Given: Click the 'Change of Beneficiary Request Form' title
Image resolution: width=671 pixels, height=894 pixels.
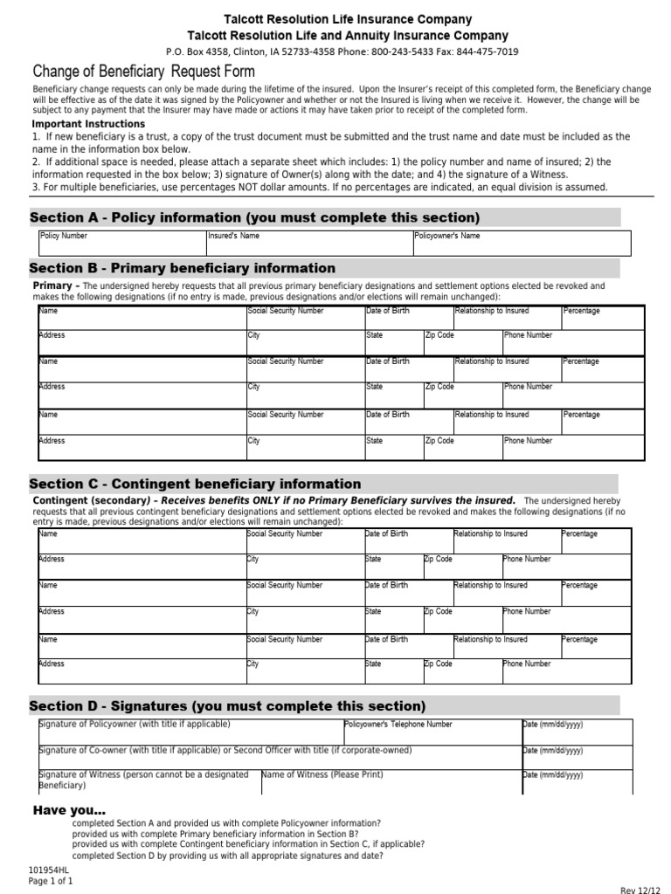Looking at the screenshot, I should (144, 71).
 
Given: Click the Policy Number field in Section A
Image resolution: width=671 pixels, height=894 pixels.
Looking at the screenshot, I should (121, 243).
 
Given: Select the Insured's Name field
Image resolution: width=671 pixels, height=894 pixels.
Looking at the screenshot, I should (308, 243).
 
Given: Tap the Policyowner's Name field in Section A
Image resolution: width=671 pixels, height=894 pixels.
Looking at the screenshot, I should (521, 243).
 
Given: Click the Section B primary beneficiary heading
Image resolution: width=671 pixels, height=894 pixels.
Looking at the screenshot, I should (183, 268).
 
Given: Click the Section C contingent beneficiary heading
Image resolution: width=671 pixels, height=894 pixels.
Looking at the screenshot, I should (195, 484).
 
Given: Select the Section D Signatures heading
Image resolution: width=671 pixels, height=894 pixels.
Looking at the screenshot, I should (227, 705).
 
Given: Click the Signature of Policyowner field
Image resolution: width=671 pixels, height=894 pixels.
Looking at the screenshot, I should (190, 732).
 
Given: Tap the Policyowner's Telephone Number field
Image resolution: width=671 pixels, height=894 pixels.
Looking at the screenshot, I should (431, 732).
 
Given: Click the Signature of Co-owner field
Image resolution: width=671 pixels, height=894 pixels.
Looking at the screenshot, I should (278, 758).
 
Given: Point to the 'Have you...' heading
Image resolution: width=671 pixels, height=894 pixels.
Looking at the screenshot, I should (69, 810).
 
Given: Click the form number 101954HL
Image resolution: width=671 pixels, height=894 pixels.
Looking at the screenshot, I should (49, 870).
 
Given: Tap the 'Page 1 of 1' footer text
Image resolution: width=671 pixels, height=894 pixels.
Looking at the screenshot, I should (51, 882).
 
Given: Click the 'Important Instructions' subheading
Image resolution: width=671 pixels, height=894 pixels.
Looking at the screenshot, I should (88, 124).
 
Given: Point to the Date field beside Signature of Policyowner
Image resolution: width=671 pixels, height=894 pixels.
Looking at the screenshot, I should (576, 732).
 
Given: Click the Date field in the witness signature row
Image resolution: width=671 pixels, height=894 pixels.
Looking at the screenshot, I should (576, 782).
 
